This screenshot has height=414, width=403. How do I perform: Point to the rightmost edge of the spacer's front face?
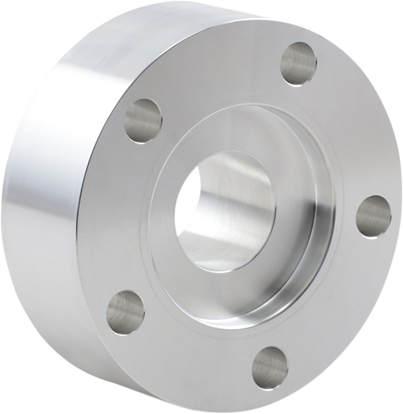[x=401, y=218]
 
